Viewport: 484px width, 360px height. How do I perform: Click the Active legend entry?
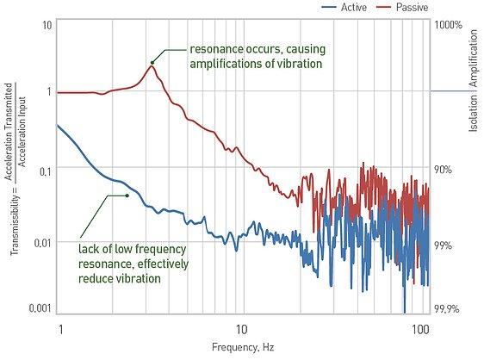344,7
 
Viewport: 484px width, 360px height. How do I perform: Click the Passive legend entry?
402,7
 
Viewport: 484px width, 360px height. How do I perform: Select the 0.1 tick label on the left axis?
45,171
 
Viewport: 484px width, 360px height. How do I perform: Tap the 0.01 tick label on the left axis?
42,243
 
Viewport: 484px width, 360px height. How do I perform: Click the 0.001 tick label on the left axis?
40,307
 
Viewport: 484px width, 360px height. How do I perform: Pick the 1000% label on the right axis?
448,25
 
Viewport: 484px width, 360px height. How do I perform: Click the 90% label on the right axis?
443,170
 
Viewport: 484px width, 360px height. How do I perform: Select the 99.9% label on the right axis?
447,308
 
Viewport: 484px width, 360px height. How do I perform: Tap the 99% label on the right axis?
443,245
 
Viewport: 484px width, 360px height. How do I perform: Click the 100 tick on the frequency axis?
420,330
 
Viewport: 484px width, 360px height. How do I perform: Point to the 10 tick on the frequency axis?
241,330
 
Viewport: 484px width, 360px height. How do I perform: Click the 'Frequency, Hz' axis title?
243,348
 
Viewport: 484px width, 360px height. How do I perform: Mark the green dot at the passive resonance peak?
152,63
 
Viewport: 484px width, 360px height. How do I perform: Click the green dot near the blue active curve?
127,196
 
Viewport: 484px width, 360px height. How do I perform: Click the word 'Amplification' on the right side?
474,59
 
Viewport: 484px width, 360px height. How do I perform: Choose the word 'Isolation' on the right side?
474,114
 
